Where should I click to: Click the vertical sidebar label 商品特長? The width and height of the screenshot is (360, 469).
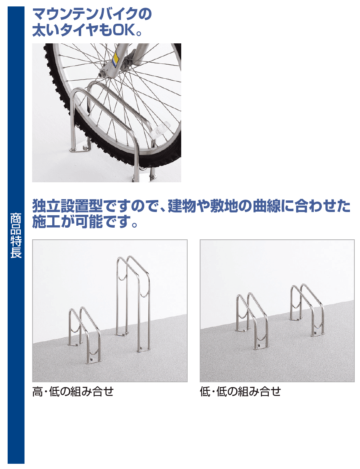[x=16, y=235]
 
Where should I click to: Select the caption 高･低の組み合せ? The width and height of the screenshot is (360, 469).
[x=73, y=391]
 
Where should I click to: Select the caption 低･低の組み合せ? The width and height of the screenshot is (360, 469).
[x=240, y=391]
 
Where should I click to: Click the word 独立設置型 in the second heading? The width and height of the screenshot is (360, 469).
[x=67, y=206]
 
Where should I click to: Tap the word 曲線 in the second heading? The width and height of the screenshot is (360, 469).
[x=267, y=206]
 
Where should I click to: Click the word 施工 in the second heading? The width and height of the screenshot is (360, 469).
[x=46, y=222]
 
